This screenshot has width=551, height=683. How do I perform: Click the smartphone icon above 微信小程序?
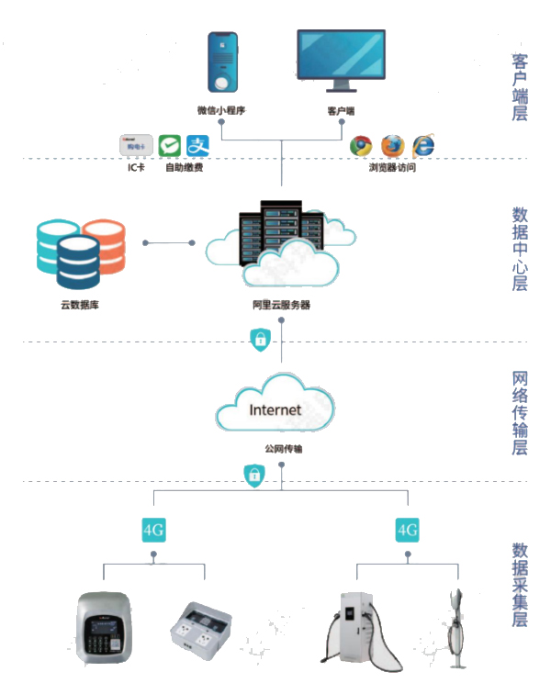pyautogui.click(x=220, y=64)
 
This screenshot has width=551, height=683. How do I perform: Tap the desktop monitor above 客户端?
pyautogui.click(x=341, y=60)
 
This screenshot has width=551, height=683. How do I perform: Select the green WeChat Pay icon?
pyautogui.click(x=169, y=146)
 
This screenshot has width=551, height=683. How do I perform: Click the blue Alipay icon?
pyautogui.click(x=198, y=146)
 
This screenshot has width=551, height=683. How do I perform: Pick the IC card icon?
pyautogui.click(x=136, y=146)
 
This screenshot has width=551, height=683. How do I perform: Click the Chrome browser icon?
pyautogui.click(x=361, y=146)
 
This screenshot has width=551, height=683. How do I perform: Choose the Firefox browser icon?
pyautogui.click(x=392, y=146)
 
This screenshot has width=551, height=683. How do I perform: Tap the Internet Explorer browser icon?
pyautogui.click(x=423, y=146)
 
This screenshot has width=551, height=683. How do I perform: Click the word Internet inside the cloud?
pyautogui.click(x=275, y=409)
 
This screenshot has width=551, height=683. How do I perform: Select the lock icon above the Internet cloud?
pyautogui.click(x=261, y=340)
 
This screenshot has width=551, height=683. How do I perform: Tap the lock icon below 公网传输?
pyautogui.click(x=253, y=475)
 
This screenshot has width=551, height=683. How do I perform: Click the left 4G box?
pyautogui.click(x=153, y=530)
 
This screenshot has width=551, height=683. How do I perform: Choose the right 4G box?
pyautogui.click(x=407, y=530)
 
